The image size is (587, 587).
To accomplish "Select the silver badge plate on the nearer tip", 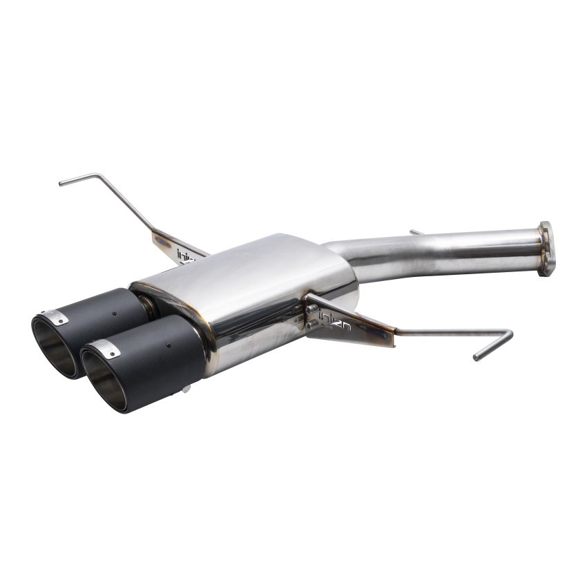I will click(x=109, y=348).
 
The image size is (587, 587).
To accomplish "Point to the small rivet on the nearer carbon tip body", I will click(x=169, y=345).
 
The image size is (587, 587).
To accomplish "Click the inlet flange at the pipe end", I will click(x=546, y=248).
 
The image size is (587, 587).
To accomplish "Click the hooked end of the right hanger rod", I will click(x=483, y=352).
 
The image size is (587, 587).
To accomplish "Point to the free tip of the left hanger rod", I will click(x=62, y=184).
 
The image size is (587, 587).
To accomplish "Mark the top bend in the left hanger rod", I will click(x=101, y=176).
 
